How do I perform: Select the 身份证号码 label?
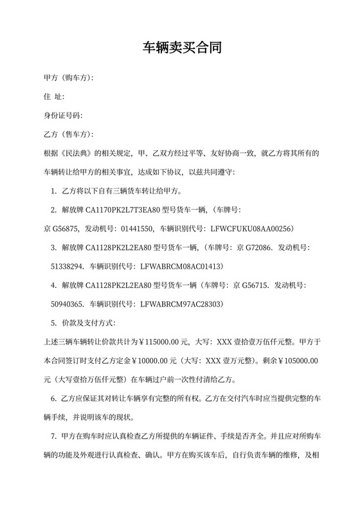(x=62, y=116)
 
